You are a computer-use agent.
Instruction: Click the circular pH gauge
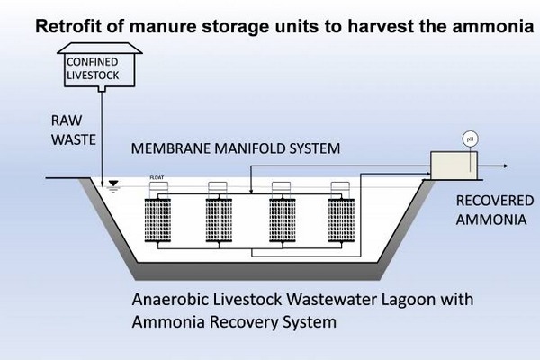(x=468, y=139)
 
